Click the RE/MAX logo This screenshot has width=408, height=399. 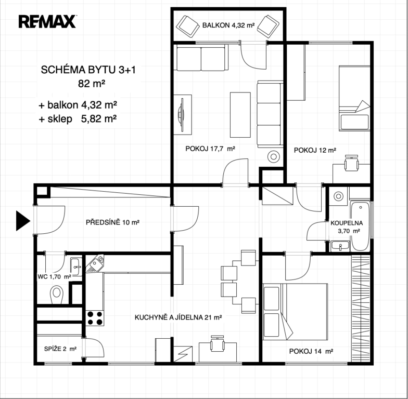[47, 22]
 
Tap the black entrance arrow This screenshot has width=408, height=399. [23, 220]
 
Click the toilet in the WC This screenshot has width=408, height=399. [56, 294]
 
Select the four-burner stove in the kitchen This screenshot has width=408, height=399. [95, 318]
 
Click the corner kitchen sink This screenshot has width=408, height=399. [95, 263]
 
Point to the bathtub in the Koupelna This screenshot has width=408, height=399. [360, 225]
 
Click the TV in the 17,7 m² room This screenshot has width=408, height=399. [181, 114]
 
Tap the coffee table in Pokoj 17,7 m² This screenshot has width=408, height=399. [240, 114]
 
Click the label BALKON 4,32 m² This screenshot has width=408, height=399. [228, 25]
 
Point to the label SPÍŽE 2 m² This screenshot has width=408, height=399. [60, 349]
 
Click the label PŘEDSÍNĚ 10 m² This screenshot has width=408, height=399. [112, 222]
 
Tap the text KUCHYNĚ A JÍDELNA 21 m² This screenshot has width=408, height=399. [178, 317]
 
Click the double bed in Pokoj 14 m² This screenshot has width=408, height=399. [295, 312]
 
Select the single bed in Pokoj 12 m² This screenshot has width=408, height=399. [354, 98]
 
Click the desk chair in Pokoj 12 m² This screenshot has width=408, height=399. [351, 163]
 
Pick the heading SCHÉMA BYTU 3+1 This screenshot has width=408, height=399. [88, 70]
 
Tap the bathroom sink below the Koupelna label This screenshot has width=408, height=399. [340, 246]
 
